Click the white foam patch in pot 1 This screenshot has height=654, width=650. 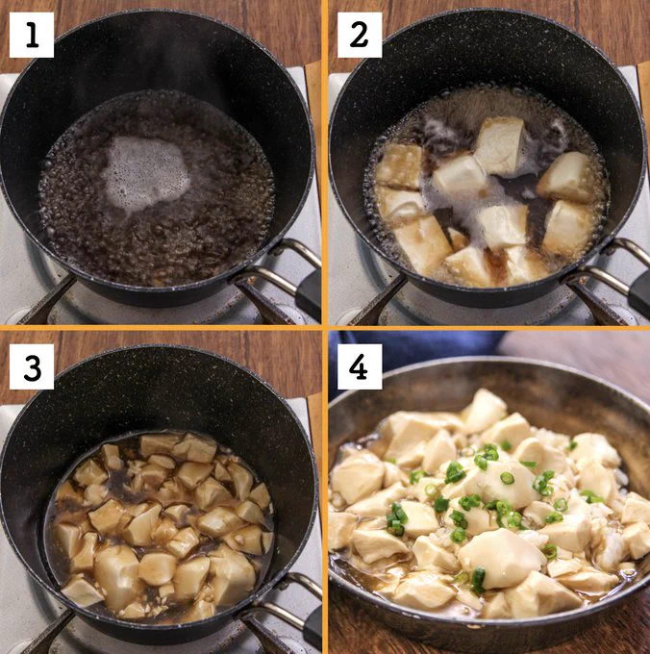pyautogui.click(x=144, y=173)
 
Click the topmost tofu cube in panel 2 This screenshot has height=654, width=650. pyautogui.click(x=500, y=144)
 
